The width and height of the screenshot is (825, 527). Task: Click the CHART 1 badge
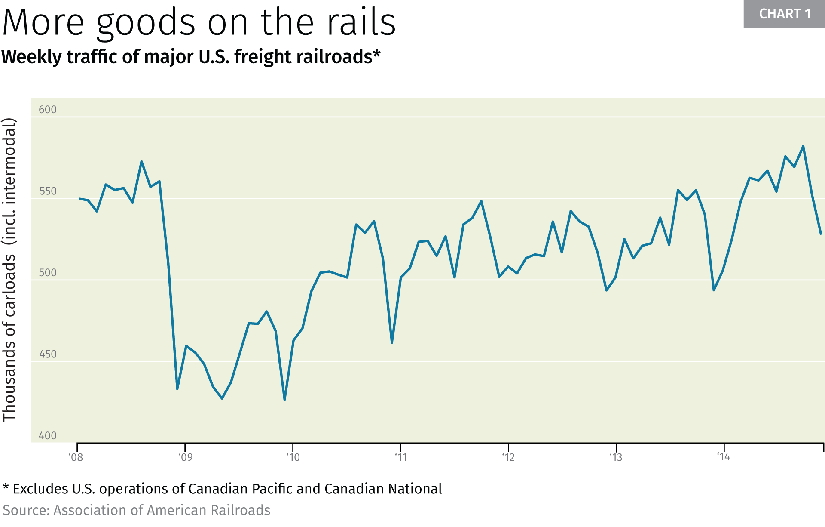[x=784, y=14]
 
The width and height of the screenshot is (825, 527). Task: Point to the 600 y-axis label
[x=48, y=110]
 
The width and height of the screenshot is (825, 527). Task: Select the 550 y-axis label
[x=48, y=191]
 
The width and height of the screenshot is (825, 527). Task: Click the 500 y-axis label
[x=48, y=273]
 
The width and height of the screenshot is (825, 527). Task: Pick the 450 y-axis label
[x=48, y=354]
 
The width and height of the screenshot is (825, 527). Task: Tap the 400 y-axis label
[x=48, y=436]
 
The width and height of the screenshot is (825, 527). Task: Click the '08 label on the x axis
[x=76, y=457]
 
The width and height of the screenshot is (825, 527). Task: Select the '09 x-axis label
[x=185, y=457]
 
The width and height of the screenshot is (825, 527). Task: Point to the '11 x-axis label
[x=400, y=457]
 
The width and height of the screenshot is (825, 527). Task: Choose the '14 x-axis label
[x=723, y=457]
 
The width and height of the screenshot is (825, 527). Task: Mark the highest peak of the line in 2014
[x=803, y=146]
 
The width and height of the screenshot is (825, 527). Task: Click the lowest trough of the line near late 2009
[x=284, y=400]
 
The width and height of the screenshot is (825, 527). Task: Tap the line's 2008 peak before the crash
[x=141, y=162]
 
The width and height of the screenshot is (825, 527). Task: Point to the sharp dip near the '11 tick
[x=392, y=342]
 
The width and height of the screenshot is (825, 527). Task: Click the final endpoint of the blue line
[x=821, y=234]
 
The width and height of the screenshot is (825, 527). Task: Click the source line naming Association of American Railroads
[x=137, y=510]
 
